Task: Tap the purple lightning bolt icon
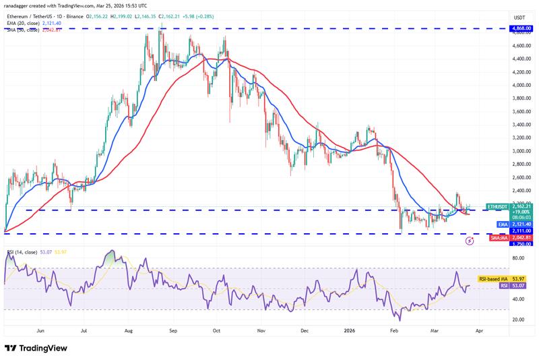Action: click(469, 240)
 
